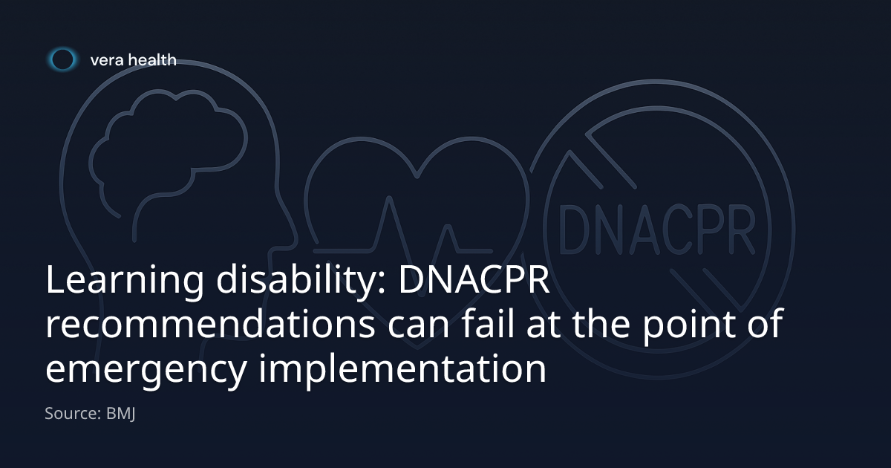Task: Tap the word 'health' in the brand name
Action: (x=152, y=59)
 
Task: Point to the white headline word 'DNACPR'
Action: (x=474, y=279)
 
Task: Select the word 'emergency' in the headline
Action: (x=146, y=370)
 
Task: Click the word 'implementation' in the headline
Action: (x=402, y=368)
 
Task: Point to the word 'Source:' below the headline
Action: (x=74, y=414)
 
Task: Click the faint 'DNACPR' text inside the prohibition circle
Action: (x=657, y=230)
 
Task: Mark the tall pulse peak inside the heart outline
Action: (x=389, y=198)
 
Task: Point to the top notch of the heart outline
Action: (x=417, y=175)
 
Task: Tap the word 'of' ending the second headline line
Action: (x=766, y=323)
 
